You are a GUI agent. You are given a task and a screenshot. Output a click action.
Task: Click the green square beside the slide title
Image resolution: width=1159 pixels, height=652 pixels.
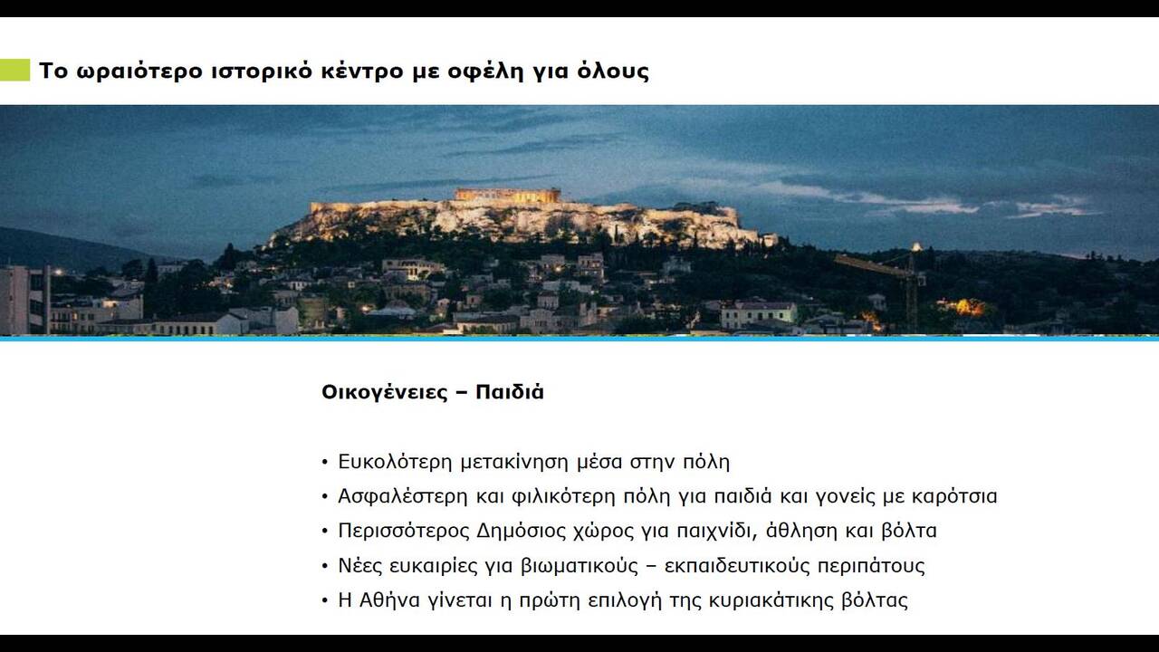tap(14, 70)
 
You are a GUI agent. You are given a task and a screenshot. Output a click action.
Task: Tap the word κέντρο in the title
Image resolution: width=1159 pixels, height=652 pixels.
tap(357, 71)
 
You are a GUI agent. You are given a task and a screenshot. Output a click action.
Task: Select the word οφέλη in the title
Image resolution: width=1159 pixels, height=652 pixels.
tap(493, 71)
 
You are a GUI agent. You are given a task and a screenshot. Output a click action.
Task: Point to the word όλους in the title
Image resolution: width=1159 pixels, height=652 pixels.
tap(614, 71)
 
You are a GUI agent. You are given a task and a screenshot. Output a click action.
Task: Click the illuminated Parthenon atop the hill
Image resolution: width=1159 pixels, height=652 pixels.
tap(507, 195)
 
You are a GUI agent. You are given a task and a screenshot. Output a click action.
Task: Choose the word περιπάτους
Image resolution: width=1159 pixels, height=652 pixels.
tap(871, 566)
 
